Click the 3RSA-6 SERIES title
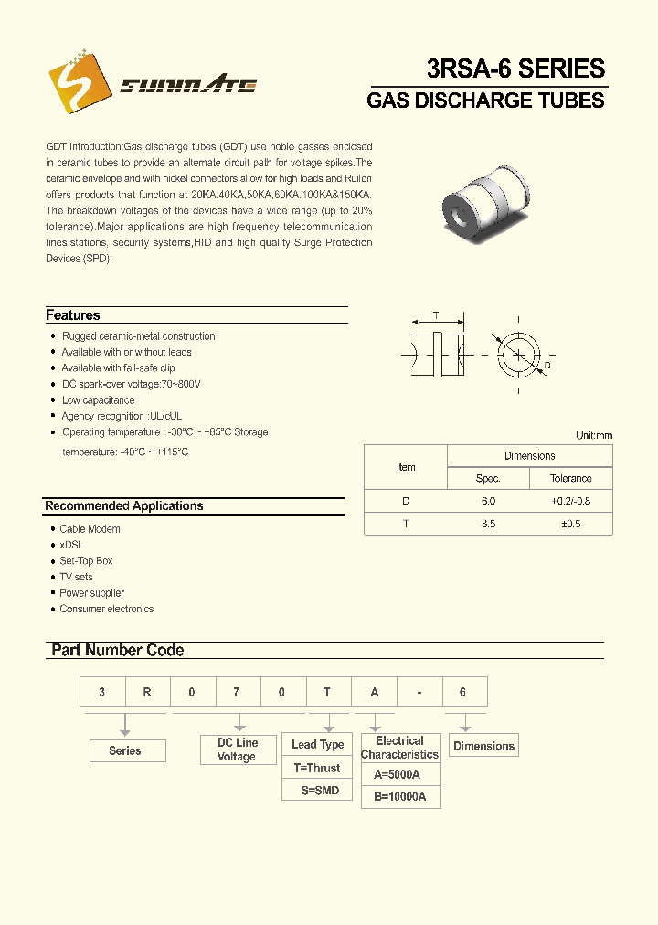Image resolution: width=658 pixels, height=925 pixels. (515, 69)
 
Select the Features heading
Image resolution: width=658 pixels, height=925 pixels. (73, 315)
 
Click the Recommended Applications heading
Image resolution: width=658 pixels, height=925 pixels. (124, 506)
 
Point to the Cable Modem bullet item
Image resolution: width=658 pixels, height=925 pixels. (90, 529)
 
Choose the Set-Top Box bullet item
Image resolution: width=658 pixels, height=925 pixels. (86, 561)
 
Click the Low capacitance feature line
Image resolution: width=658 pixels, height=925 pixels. (98, 400)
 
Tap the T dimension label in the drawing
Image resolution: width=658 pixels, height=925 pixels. (436, 316)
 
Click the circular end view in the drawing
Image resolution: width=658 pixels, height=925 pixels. (518, 353)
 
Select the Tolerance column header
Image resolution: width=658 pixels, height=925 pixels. (570, 479)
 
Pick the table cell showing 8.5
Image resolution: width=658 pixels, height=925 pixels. (488, 525)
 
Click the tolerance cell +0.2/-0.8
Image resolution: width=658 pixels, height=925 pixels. (570, 502)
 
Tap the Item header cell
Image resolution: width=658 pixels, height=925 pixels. (406, 467)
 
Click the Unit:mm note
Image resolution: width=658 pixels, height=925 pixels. (594, 436)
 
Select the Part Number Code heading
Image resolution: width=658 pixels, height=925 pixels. (118, 651)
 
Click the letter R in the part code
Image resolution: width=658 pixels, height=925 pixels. (147, 693)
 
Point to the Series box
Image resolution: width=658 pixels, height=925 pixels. (125, 751)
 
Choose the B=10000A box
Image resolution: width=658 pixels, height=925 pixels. (400, 797)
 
